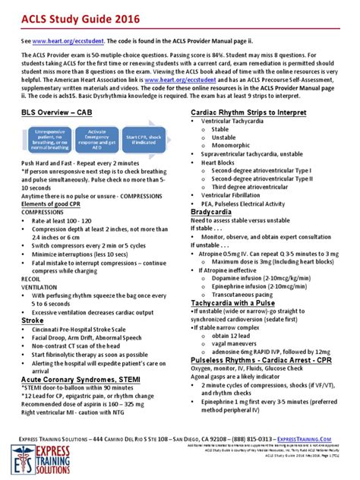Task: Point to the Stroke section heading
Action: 32,321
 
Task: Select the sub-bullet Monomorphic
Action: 233,146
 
